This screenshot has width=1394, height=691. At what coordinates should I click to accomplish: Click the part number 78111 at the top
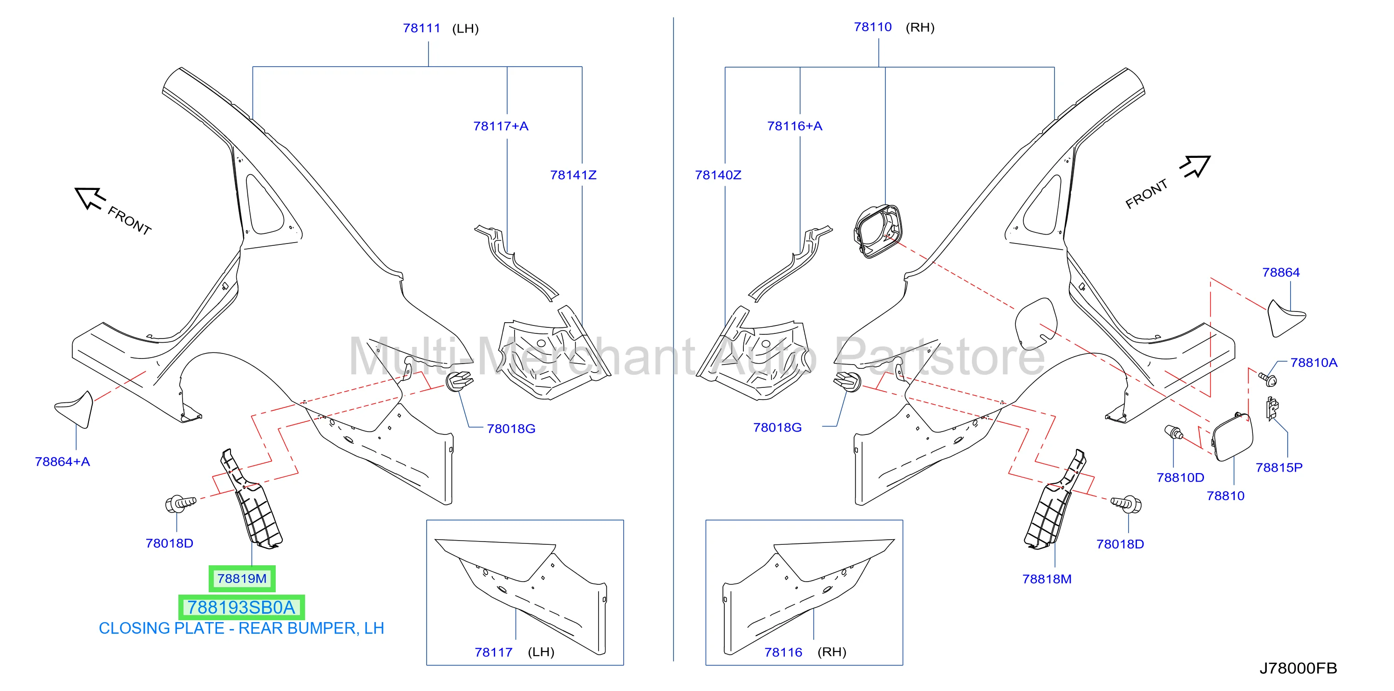[422, 28]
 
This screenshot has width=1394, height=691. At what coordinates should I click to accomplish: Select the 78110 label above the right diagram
[872, 27]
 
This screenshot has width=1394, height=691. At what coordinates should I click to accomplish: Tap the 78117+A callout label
[501, 126]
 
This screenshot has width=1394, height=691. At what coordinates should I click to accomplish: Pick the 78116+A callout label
[795, 126]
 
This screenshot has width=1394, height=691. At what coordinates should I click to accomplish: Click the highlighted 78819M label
[242, 578]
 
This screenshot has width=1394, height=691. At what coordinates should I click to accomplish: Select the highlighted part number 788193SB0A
[241, 607]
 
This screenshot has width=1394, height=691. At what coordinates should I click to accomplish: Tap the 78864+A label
[62, 461]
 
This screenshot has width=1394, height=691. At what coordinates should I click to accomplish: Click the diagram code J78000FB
[1298, 668]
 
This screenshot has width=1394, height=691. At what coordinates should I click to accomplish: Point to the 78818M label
[1047, 579]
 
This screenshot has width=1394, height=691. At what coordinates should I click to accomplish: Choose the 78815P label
[1279, 467]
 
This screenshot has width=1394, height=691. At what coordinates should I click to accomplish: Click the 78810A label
[1313, 363]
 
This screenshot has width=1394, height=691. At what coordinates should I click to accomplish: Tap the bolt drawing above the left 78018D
[180, 504]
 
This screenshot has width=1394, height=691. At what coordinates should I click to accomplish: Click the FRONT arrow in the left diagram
[89, 197]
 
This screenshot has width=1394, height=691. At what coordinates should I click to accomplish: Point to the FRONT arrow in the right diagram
[1196, 166]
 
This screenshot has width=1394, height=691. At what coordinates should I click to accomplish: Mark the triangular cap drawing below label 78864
[1286, 318]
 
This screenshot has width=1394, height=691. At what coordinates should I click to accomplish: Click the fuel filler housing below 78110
[878, 231]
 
